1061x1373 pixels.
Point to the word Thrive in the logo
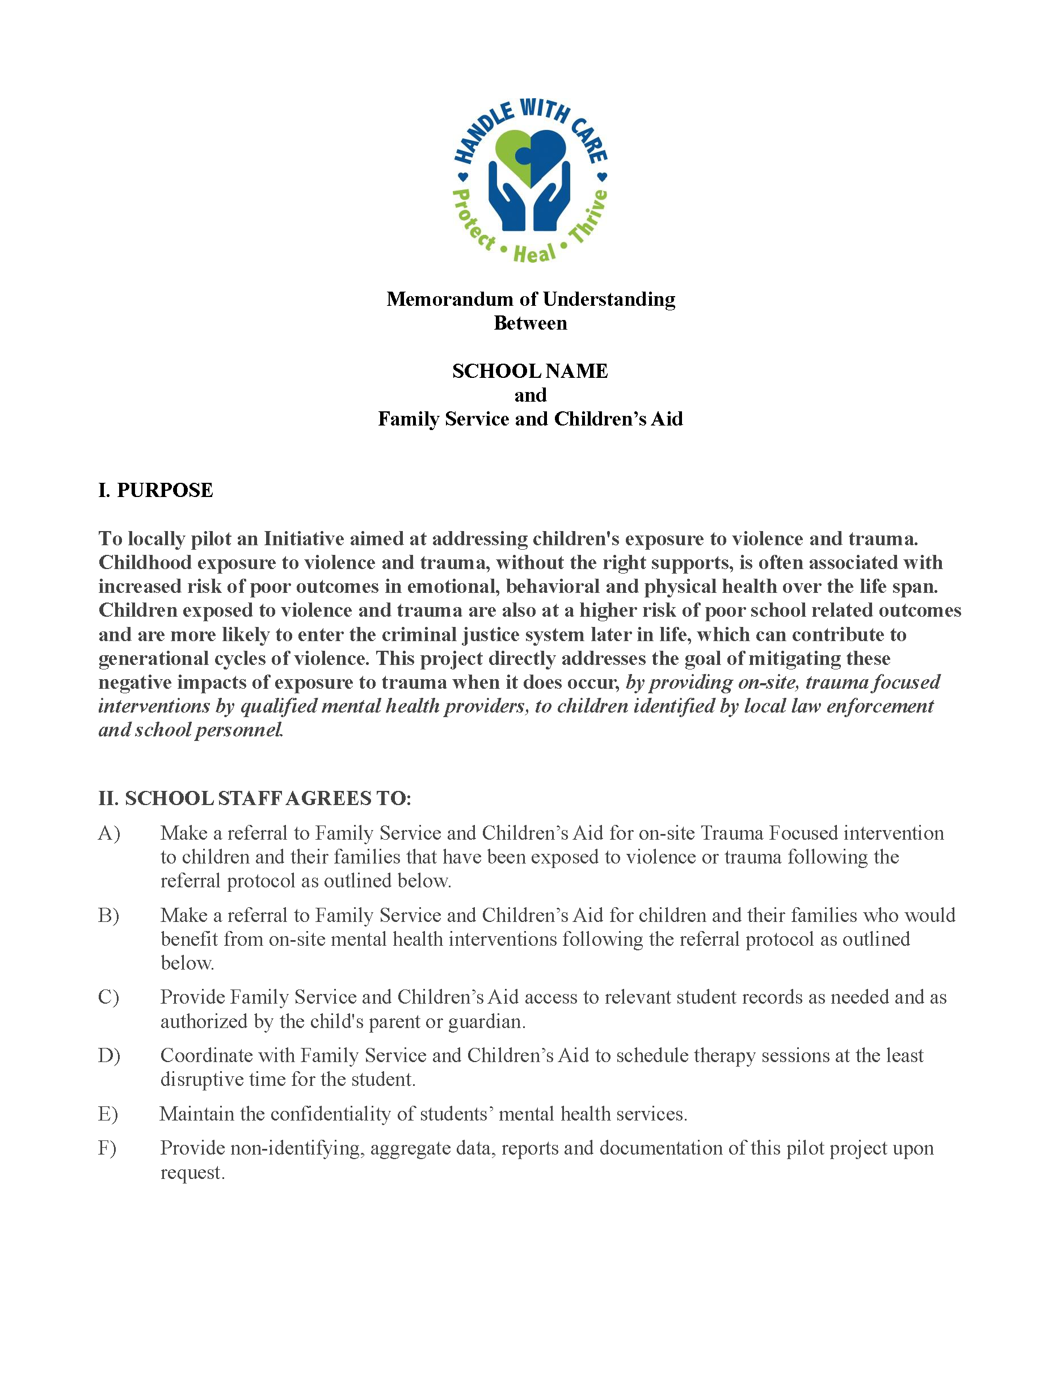tap(588, 216)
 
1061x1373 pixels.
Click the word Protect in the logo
tap(473, 220)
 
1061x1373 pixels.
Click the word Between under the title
tap(530, 323)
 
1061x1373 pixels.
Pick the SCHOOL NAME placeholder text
tap(530, 371)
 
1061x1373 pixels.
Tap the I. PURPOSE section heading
tap(156, 490)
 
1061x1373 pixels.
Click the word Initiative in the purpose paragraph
tap(304, 539)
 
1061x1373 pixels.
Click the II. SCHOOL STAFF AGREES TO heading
tap(255, 798)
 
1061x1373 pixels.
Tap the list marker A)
tap(109, 833)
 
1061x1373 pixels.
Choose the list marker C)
tap(109, 997)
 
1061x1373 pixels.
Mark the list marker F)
tap(107, 1148)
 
